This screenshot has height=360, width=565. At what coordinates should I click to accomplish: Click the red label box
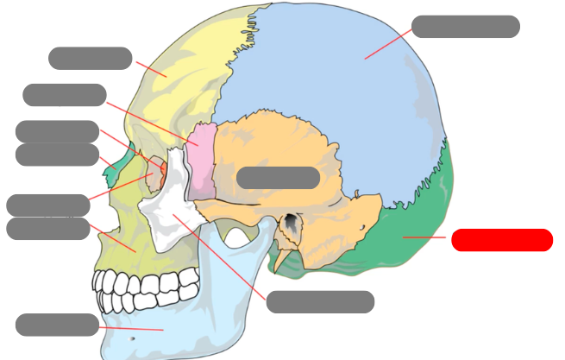501,240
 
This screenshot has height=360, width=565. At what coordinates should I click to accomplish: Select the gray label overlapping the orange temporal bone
278,178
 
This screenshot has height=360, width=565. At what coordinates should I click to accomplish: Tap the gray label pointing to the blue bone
465,27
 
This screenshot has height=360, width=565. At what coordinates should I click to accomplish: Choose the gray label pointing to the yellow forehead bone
90,58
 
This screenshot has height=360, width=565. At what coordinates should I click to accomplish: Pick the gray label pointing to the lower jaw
57,325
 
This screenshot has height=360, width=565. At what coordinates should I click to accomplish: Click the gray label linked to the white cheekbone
320,302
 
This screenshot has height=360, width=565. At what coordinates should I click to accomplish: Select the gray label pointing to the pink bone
64,95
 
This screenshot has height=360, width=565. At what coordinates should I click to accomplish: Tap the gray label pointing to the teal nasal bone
57,155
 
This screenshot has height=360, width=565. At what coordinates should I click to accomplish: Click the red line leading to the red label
424,237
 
